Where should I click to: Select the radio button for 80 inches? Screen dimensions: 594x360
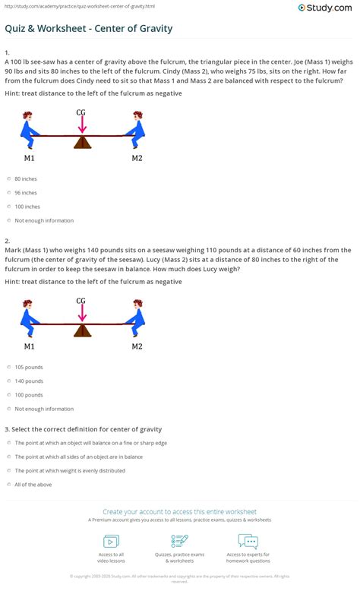[8, 179]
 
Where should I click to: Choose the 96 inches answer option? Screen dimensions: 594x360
[8, 192]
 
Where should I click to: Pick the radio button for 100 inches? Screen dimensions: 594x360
[8, 207]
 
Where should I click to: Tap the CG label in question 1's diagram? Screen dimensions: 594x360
[81, 112]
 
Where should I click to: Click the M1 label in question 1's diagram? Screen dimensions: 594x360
[29, 158]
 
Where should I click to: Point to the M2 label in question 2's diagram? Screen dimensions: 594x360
[137, 346]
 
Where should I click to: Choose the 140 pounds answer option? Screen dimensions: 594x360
[8, 381]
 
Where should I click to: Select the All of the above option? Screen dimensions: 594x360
[8, 485]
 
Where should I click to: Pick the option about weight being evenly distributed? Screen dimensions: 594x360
[8, 470]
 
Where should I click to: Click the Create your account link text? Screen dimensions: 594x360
[179, 511]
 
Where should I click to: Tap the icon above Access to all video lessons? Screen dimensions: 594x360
[111, 542]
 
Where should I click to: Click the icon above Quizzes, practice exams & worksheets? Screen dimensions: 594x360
[180, 542]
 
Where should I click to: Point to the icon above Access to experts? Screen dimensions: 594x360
[248, 542]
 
